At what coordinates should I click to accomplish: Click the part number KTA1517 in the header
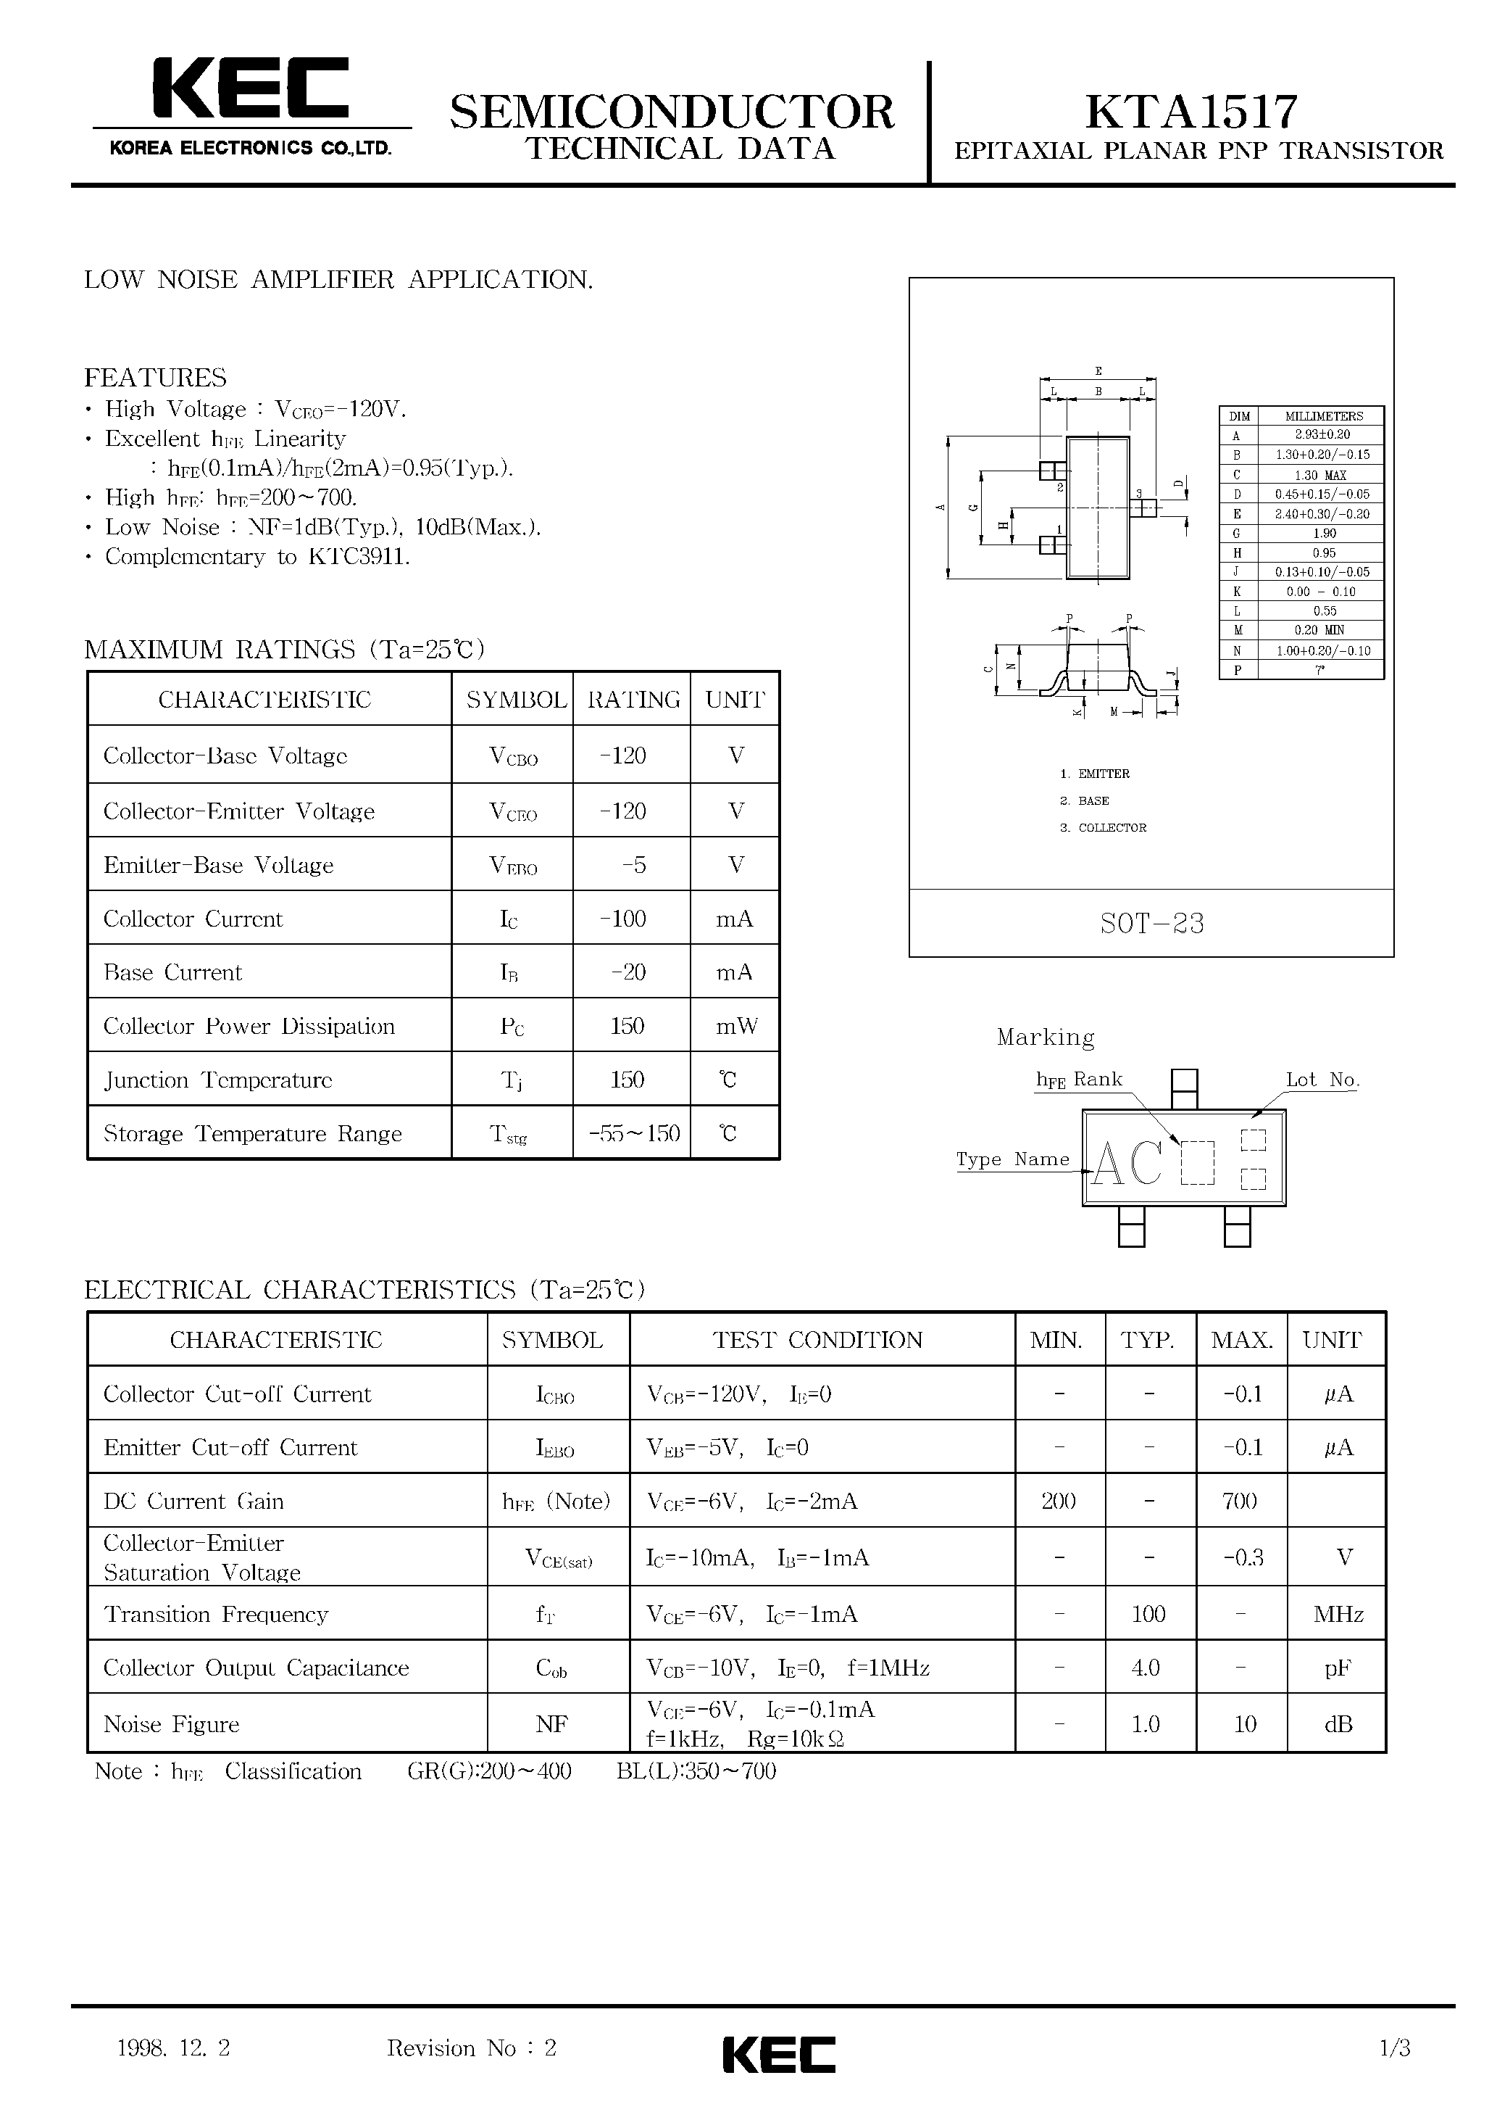click(x=1191, y=112)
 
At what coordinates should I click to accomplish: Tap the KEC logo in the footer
click(x=778, y=2056)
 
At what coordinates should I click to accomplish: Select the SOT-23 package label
click(x=1152, y=924)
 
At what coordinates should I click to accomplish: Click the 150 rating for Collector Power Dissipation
click(x=627, y=1026)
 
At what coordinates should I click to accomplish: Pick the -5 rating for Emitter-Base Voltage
click(x=633, y=865)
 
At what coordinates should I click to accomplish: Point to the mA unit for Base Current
click(x=735, y=972)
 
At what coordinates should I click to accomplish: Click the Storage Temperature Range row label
click(x=253, y=1134)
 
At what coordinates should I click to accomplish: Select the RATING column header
click(x=633, y=700)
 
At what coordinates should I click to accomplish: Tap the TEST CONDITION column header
click(x=818, y=1340)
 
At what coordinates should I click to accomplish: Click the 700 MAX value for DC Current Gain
click(x=1240, y=1502)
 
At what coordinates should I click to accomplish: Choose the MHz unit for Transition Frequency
click(x=1338, y=1614)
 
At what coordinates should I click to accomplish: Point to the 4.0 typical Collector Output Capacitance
click(x=1146, y=1668)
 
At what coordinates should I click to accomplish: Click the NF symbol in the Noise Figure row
click(x=552, y=1724)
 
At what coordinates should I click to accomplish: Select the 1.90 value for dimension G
click(x=1324, y=533)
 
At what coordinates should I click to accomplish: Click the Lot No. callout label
click(x=1322, y=1080)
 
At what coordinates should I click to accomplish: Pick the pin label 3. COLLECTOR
click(x=1103, y=827)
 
